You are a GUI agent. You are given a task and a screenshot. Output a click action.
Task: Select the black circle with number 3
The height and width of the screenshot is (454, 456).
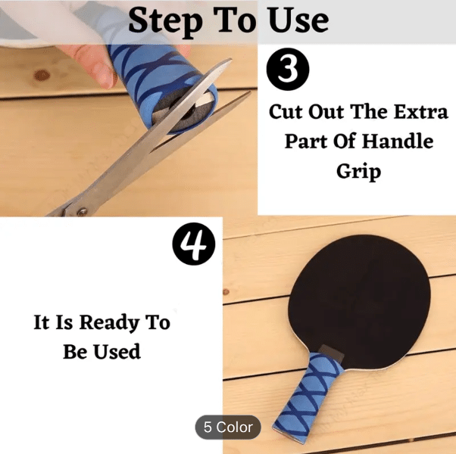tap(288, 69)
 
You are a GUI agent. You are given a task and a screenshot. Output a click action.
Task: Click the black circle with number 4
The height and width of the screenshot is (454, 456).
tap(194, 244)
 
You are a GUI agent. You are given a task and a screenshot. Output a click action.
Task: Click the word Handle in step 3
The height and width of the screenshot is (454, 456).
tap(398, 141)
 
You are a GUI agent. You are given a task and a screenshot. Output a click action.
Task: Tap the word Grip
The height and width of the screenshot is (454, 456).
tap(358, 172)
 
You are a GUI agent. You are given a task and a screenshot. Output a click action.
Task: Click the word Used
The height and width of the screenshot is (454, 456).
tap(117, 351)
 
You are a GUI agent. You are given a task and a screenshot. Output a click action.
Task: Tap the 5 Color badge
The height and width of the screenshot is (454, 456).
tap(228, 427)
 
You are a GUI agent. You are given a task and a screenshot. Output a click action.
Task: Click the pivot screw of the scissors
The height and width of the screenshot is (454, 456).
tap(82, 211)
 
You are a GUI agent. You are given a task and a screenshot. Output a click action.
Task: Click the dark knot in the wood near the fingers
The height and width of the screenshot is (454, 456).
tap(42, 76)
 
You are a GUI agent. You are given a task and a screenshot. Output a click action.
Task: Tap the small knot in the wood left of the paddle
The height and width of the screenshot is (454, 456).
tap(226, 291)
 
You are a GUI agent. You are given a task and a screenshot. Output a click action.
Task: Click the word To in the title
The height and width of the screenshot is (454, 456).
tap(235, 20)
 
